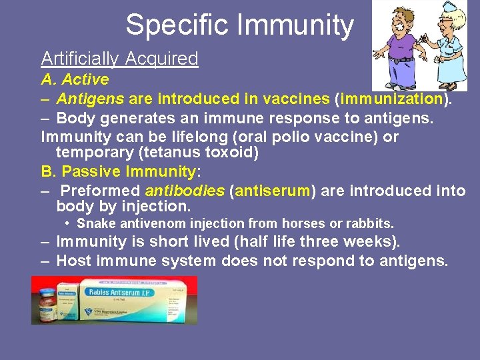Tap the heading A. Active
[x=75, y=79]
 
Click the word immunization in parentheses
[x=392, y=99]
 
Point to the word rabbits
[x=367, y=223]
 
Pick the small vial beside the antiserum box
[x=47, y=304]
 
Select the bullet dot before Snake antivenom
[x=69, y=223]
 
